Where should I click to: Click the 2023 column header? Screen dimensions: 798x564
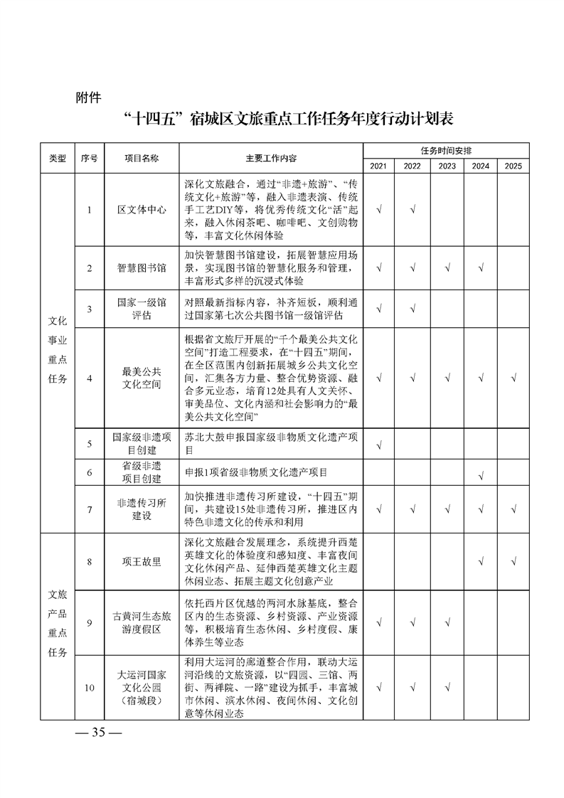point(447,166)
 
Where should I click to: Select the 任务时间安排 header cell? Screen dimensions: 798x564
point(446,151)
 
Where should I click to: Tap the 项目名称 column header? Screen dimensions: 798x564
point(142,158)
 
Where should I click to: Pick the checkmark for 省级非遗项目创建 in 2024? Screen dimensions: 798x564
point(481,474)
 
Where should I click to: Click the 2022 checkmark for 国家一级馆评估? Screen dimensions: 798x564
point(413,309)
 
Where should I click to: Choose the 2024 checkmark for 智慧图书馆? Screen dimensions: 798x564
point(481,268)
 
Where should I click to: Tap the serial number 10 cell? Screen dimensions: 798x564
point(90,687)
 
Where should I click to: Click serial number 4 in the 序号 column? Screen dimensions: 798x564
point(90,378)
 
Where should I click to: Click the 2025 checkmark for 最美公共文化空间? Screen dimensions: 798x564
point(514,378)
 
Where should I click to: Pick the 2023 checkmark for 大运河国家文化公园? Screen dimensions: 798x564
point(447,687)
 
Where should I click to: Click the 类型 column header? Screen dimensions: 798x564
point(57,158)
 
